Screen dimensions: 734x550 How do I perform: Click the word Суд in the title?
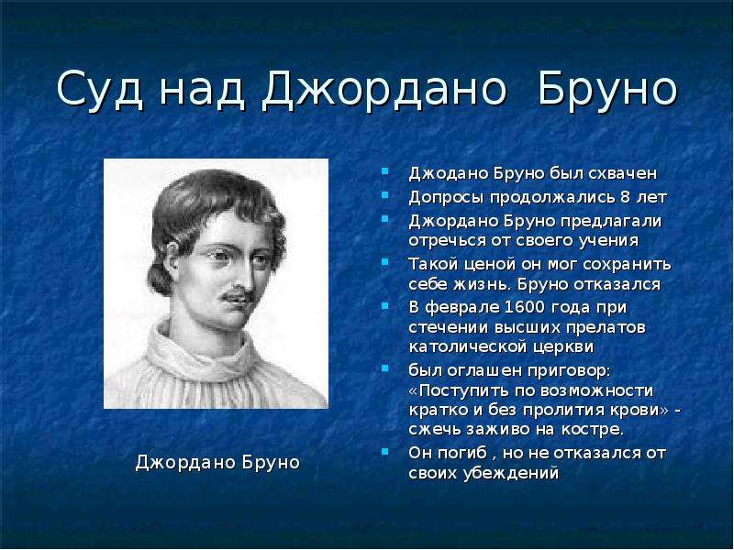click(99, 89)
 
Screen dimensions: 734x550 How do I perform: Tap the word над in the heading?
click(202, 89)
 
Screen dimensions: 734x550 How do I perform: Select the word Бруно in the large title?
click(607, 89)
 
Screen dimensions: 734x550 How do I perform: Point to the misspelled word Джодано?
click(450, 173)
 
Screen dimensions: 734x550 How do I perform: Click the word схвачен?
click(622, 173)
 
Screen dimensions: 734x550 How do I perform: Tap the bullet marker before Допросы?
click(384, 194)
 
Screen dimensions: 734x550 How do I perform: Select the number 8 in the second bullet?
click(626, 197)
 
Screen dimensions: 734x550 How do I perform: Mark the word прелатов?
click(606, 327)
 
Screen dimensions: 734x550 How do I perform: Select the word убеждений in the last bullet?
click(511, 473)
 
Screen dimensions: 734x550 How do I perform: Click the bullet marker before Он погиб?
click(384, 451)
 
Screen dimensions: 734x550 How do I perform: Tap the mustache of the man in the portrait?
click(237, 295)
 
